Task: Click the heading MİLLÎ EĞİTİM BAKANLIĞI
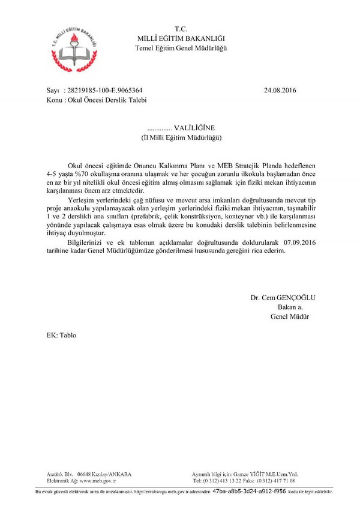point(181,38)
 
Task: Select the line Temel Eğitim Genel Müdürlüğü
point(181,47)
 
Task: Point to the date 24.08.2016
point(280,91)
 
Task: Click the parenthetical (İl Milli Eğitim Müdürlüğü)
point(181,137)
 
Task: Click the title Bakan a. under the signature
point(283,307)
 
